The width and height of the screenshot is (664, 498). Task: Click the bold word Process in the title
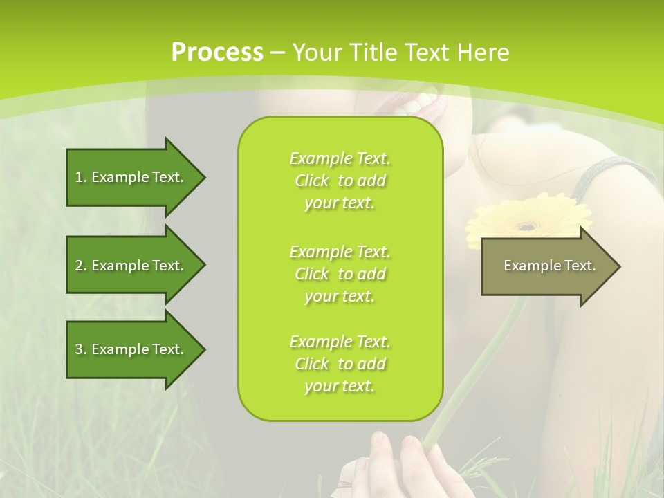[x=217, y=52]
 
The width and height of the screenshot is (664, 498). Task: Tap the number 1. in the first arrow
[x=81, y=177]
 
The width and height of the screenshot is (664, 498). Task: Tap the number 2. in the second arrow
[x=81, y=266]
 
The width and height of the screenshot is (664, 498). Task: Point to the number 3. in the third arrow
[x=81, y=349]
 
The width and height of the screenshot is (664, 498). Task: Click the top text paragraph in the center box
[x=340, y=181]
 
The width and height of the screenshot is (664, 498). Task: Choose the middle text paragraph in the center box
[x=340, y=274]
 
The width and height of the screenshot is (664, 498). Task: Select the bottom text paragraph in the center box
[x=340, y=364]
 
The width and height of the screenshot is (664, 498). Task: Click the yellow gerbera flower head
[x=527, y=219]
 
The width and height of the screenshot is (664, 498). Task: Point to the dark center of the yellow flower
[x=528, y=225]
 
